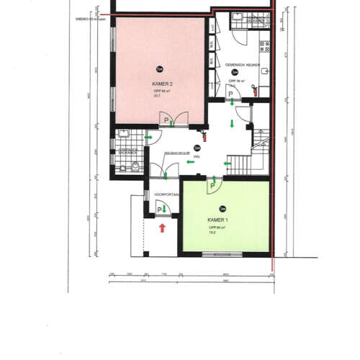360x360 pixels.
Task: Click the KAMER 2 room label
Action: [x=161, y=84]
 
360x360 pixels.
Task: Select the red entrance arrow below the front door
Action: [x=163, y=228]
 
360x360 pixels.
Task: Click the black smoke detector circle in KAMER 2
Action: [x=159, y=68]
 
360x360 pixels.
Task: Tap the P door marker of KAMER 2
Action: [x=166, y=120]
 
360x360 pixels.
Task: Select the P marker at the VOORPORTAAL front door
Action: [x=159, y=210]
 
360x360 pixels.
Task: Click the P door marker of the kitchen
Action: [x=230, y=94]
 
